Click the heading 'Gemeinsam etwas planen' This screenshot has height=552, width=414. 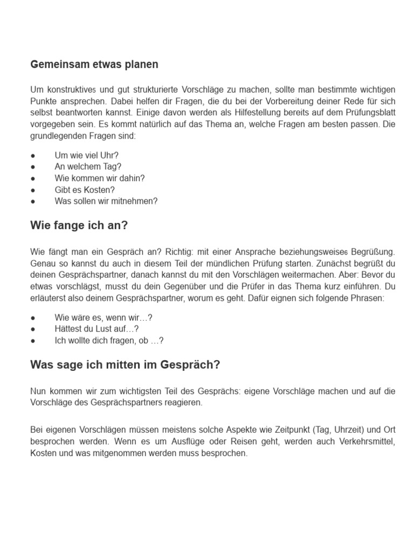(94, 65)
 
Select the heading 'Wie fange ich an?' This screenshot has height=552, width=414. (79, 226)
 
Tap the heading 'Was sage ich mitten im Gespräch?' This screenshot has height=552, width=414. (126, 365)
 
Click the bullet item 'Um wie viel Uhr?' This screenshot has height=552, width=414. (86, 155)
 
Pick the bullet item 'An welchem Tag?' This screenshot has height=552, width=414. (88, 167)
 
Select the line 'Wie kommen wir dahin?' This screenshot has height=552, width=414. (100, 178)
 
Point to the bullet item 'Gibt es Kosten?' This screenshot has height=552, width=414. (85, 190)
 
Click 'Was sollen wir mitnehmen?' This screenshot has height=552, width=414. (106, 201)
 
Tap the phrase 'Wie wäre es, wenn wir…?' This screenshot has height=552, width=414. (100, 317)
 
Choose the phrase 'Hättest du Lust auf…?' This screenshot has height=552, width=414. (96, 328)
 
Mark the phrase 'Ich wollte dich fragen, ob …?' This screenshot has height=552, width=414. (109, 340)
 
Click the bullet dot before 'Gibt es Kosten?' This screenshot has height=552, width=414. (33, 190)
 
